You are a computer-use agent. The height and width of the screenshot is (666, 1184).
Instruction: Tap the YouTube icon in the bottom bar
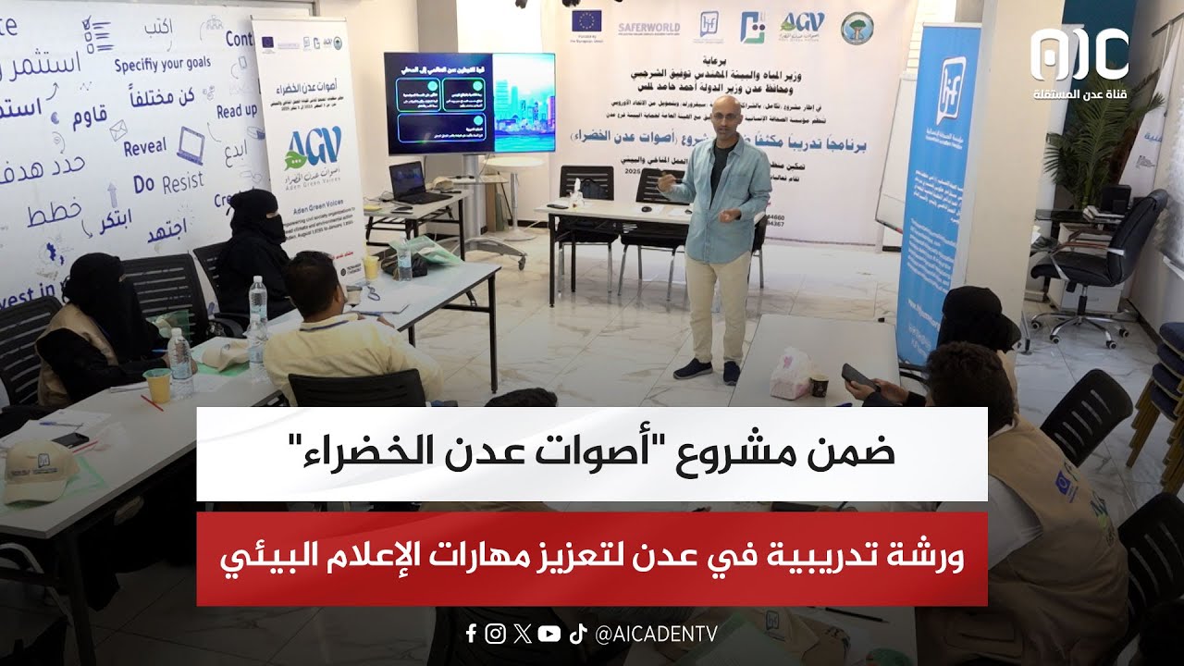pos(549,634)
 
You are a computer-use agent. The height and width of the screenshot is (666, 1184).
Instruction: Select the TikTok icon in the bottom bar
pos(578,634)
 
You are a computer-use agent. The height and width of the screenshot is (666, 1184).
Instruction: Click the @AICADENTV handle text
pos(657,634)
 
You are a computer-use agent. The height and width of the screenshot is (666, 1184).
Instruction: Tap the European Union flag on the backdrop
pos(586,21)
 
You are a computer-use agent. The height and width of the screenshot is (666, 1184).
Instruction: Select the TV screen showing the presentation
pos(469,103)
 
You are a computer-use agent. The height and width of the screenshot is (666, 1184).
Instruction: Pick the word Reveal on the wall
pos(144,146)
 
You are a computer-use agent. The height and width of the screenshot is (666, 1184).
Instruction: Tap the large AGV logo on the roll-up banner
pos(314,144)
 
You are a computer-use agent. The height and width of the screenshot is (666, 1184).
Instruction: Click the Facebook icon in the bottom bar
pos(472,634)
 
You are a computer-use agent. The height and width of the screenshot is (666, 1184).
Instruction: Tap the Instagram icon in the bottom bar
pos(496,634)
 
